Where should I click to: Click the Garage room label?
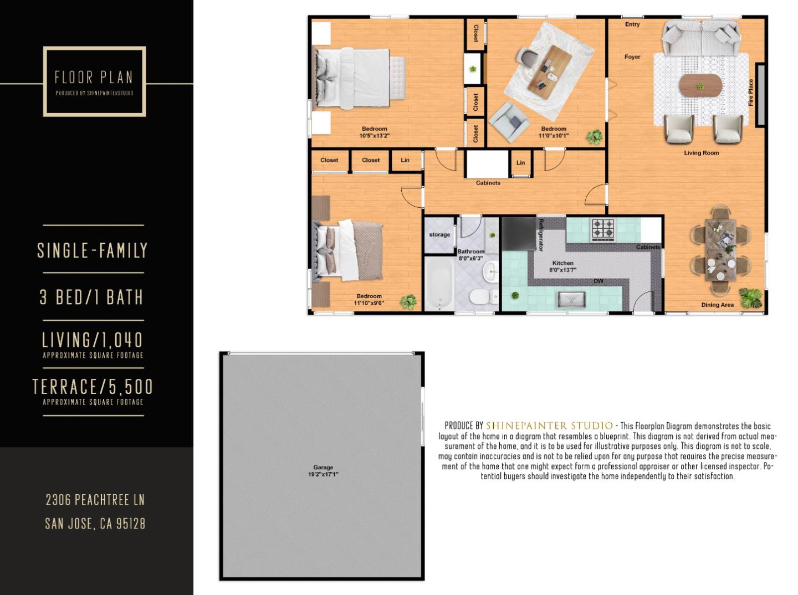(323, 468)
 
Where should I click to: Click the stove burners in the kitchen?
(603, 228)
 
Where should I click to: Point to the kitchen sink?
(571, 300)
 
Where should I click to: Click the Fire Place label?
(751, 93)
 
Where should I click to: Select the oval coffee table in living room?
(701, 86)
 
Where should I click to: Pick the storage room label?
(439, 235)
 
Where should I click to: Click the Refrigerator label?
(541, 234)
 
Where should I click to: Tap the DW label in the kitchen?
(598, 281)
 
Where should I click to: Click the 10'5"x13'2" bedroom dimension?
(375, 136)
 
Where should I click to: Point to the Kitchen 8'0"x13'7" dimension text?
(562, 270)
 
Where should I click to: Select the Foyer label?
(632, 57)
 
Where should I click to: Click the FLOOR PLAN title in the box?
(94, 77)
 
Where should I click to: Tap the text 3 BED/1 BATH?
(92, 297)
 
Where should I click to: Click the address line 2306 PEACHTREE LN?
(95, 500)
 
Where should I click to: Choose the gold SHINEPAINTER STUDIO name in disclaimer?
(549, 425)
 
